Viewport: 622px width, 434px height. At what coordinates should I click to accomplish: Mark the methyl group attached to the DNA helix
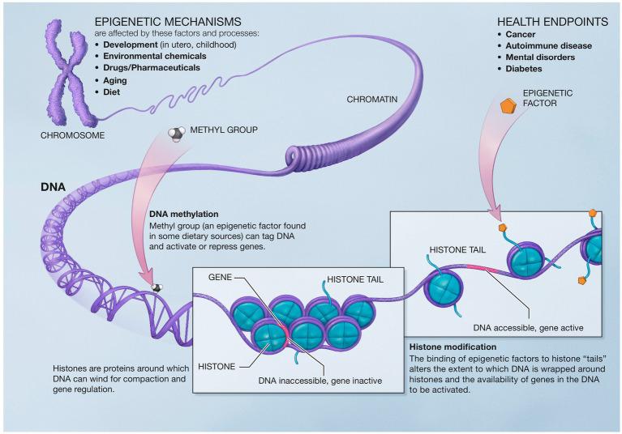coord(157,287)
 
